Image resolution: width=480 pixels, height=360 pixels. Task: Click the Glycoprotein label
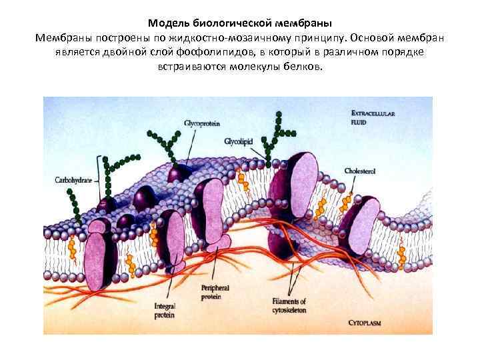pos(202,123)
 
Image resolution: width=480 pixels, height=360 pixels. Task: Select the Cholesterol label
pos(360,171)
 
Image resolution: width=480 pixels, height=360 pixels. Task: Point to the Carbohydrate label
pos(74,180)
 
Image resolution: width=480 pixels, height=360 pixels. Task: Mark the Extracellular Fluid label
pos(373,118)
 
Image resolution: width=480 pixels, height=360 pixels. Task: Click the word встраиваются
pos(193,66)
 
